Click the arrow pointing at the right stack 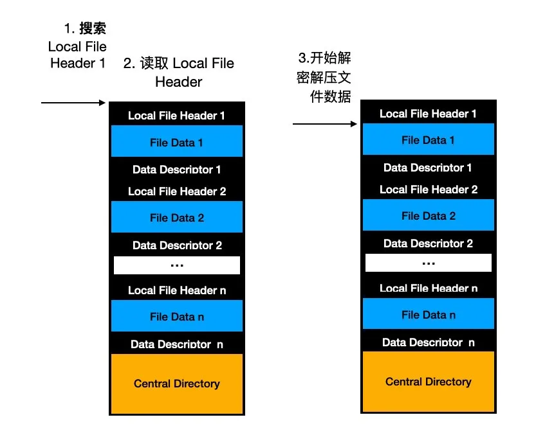pos(325,123)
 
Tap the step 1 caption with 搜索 pos(78,46)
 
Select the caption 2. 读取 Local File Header pos(179,73)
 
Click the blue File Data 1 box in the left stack pos(177,142)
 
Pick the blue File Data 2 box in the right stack pos(429,216)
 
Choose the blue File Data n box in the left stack pos(177,316)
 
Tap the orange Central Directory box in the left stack pos(177,384)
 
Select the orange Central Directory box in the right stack pos(429,382)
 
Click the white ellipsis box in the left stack pos(177,265)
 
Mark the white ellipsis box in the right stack pos(429,263)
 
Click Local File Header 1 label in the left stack pos(177,116)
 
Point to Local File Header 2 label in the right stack pos(429,190)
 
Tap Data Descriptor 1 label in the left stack pos(177,170)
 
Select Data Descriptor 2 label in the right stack pos(429,243)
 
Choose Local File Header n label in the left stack pos(177,290)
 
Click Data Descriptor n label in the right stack pos(429,342)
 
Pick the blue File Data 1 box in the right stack pos(429,140)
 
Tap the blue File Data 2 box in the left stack pos(177,218)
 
